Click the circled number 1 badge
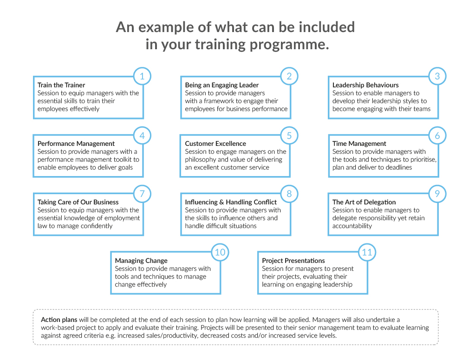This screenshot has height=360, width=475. (142, 76)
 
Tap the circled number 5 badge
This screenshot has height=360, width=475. (289, 136)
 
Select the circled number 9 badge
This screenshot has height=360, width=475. (437, 194)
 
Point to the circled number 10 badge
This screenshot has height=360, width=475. (220, 252)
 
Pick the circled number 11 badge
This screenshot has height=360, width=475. (367, 252)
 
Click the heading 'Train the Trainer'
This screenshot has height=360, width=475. (61, 85)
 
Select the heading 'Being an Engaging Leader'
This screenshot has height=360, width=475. (222, 85)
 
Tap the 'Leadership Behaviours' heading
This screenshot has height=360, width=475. (365, 85)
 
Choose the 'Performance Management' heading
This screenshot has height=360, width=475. (76, 144)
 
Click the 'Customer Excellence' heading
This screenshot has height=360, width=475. (215, 144)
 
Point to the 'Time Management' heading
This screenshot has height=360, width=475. (359, 144)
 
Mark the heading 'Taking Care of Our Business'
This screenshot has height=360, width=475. (78, 202)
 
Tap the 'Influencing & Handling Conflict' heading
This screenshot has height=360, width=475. (231, 202)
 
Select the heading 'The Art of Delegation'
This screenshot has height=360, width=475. (364, 202)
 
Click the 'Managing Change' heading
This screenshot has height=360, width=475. (141, 261)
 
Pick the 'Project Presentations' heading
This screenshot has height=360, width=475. (293, 261)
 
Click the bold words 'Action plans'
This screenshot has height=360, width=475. (59, 320)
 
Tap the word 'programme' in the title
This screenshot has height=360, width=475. (289, 45)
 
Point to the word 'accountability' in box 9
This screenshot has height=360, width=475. (352, 226)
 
